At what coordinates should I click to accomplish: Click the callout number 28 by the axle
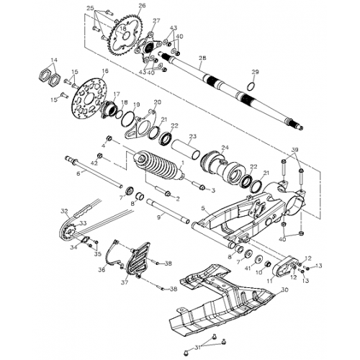[x=202, y=57]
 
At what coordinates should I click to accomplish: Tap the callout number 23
[x=192, y=135]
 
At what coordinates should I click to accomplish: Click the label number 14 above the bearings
[x=53, y=59]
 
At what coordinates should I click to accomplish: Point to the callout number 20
[x=158, y=102]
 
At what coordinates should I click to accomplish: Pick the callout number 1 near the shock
[x=182, y=163]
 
